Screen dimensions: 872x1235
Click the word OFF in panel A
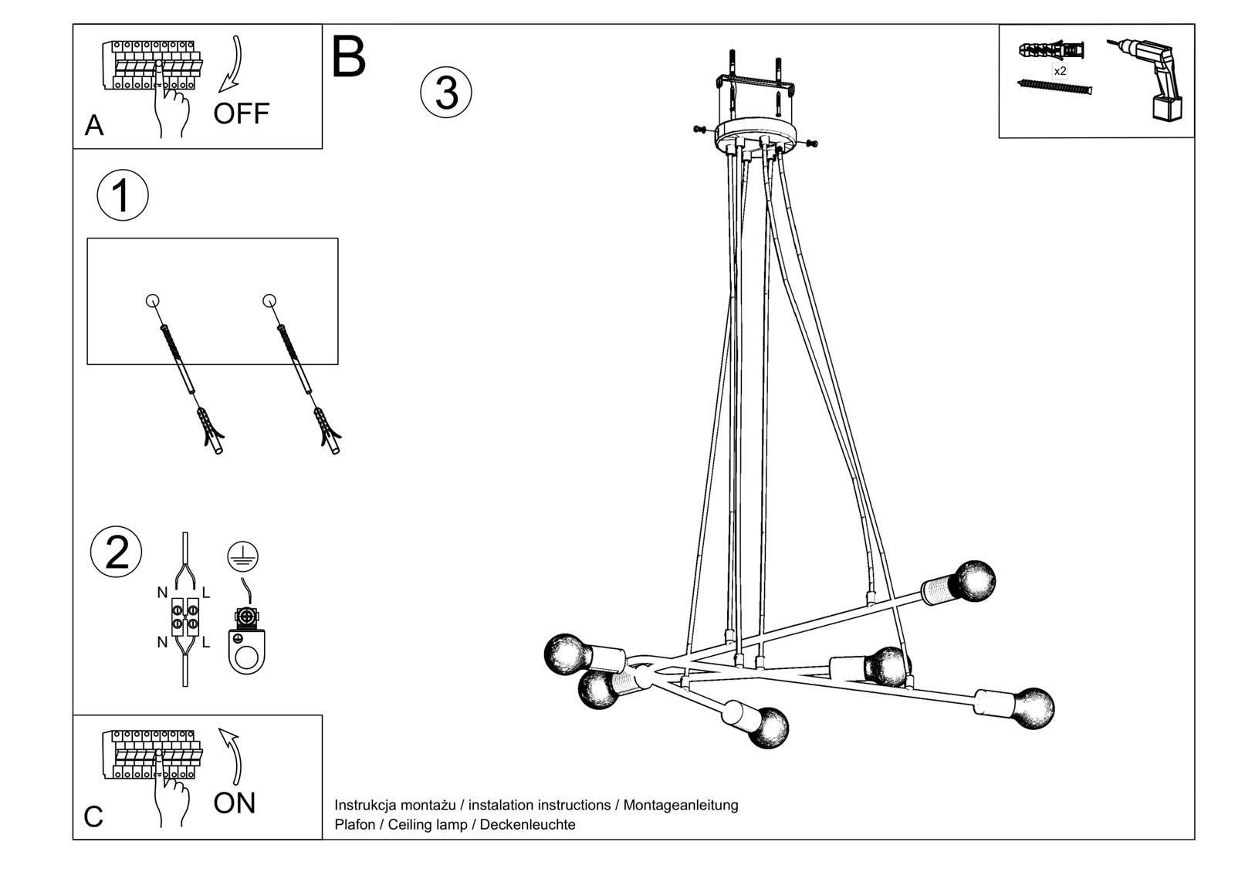click(241, 113)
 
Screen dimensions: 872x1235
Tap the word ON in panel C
click(234, 803)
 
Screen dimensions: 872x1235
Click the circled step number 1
click(122, 195)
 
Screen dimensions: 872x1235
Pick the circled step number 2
click(117, 553)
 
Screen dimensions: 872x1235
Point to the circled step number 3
click(445, 93)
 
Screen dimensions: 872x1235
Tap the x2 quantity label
click(1060, 71)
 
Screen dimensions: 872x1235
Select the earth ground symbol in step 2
click(243, 556)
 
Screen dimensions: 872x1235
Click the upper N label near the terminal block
click(162, 593)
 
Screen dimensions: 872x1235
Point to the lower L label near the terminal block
click(205, 642)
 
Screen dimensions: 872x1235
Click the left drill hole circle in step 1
click(153, 300)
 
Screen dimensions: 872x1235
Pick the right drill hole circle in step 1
click(269, 300)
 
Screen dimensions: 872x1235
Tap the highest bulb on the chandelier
click(974, 581)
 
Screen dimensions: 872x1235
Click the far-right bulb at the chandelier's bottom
click(1033, 708)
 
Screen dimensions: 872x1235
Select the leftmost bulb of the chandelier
click(567, 654)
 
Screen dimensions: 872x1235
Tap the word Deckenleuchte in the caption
click(527, 824)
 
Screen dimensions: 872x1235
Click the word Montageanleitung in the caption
click(680, 805)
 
